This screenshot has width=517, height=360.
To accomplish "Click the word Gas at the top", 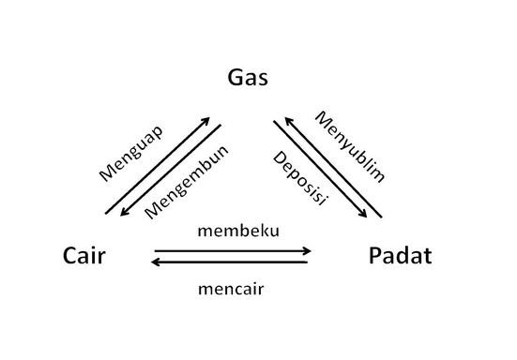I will pos(249,78).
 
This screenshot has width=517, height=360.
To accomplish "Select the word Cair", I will pos(84,255).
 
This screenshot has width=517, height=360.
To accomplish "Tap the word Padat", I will pos(401,255).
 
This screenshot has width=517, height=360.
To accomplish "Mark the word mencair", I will pos(231,289).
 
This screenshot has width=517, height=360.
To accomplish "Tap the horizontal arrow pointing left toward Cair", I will pos(230,262).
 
